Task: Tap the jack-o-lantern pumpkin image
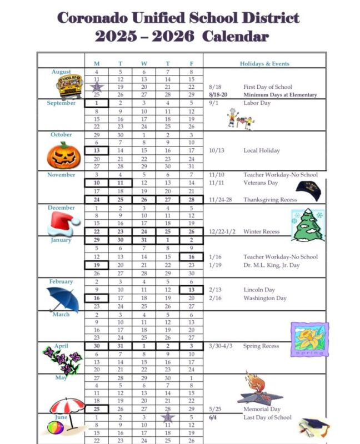pos(64,154)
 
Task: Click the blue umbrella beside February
pos(62,299)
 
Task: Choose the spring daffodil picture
pos(309,340)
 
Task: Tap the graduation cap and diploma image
pos(314,427)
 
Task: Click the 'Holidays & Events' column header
pos(264,64)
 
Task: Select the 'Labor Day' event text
pos(257,103)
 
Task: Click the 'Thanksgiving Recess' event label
pos(270,199)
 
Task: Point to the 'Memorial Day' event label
pos(262,410)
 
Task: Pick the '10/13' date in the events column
pos(217,150)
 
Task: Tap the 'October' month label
pos(61,135)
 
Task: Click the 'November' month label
pos(61,175)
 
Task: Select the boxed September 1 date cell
pos(97,103)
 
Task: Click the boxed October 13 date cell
pos(97,150)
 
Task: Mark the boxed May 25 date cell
pos(97,409)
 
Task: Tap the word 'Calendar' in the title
pos(236,37)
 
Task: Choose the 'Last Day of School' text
pos(267,417)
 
